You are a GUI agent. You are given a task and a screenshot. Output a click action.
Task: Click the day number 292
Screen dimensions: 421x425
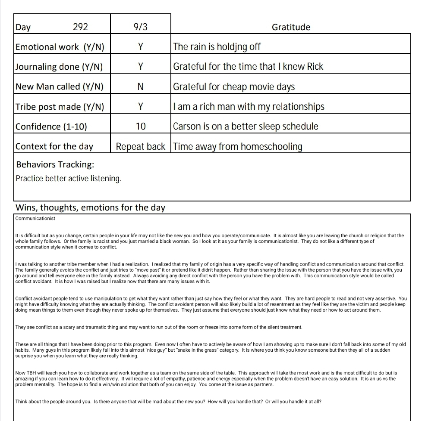(x=80, y=27)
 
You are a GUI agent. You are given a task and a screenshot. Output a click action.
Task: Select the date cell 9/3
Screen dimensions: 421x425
(x=140, y=27)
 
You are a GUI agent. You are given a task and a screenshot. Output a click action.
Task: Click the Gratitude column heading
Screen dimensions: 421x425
(x=291, y=27)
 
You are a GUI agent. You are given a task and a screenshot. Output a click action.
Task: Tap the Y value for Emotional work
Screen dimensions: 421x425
(x=140, y=47)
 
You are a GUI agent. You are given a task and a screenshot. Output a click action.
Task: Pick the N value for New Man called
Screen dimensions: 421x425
(x=140, y=87)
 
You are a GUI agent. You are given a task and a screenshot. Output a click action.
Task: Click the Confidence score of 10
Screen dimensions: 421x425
(x=140, y=127)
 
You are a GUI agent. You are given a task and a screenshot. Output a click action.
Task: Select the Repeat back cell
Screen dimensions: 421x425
(x=140, y=146)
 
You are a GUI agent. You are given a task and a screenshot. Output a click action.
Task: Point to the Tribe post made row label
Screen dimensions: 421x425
(x=60, y=107)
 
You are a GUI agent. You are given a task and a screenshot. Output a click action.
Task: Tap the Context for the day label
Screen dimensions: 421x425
(x=54, y=146)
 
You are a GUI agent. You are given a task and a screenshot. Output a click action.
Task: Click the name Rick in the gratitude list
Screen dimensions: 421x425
(x=315, y=67)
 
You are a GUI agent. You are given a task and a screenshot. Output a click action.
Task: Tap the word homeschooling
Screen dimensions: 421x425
(x=271, y=147)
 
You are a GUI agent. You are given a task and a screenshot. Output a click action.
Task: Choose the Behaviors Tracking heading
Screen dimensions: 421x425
(x=55, y=165)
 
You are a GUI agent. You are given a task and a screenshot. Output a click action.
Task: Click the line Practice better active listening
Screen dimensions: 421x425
(x=68, y=178)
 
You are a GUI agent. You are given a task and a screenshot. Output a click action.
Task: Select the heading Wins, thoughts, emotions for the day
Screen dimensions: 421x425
(x=90, y=207)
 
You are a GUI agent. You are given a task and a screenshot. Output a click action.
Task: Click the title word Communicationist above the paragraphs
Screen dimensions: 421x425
(x=35, y=218)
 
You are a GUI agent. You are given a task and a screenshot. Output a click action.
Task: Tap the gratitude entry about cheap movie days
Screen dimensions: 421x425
(x=234, y=87)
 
